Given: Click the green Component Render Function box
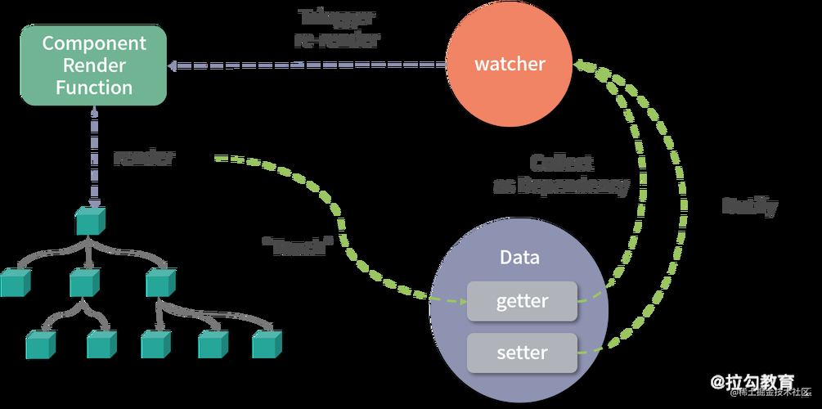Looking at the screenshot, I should tap(93, 65).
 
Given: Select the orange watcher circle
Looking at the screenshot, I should tap(510, 63).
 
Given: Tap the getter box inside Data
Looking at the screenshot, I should tap(522, 301).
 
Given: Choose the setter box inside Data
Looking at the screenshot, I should tap(522, 353).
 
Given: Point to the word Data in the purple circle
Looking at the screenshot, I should tap(519, 257).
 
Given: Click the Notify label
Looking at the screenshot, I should tap(749, 206).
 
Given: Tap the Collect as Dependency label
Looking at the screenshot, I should tap(561, 174).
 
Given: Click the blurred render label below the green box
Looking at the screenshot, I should tap(143, 158).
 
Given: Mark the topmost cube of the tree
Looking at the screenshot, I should tap(90, 220).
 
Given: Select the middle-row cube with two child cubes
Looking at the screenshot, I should tap(85, 282).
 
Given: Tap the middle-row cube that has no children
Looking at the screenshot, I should tap(15, 282).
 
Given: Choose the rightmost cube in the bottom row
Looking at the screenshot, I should tap(267, 344).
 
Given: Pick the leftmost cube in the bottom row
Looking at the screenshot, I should tap(41, 344).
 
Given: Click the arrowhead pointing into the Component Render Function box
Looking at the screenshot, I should tap(173, 65).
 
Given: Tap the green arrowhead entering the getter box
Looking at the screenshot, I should tap(458, 300).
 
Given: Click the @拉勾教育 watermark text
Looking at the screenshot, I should tap(752, 381).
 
